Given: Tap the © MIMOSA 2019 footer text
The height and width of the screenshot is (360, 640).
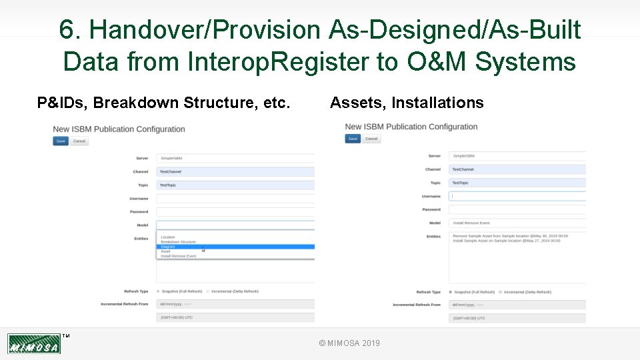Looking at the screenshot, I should coord(349,343).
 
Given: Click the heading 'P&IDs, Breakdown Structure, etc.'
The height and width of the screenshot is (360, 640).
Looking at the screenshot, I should coord(163,103).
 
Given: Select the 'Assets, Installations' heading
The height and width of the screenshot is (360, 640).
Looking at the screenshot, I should coord(407,103).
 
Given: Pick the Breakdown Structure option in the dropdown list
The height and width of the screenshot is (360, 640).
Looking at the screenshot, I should coord(179,242).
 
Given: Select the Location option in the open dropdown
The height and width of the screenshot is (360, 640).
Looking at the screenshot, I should coord(168,237).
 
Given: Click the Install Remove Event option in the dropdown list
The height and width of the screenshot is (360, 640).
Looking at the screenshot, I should coord(179,256).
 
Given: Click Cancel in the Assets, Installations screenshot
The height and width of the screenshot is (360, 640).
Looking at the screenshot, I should coord(371,139).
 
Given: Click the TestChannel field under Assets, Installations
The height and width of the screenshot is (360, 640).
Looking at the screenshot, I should coord(517,169).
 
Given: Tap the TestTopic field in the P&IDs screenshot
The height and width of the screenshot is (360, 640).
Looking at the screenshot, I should coord(235,185).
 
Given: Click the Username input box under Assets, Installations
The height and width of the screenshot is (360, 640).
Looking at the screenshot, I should coord(517,196).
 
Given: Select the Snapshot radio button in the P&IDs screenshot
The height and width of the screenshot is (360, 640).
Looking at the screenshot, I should coord(158,291).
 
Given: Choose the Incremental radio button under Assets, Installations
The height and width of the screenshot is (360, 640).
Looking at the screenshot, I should coord(501,292).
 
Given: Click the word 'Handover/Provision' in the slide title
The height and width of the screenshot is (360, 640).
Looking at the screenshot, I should coord(204,30).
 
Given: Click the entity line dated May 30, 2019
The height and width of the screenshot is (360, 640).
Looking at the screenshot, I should coord(510,236).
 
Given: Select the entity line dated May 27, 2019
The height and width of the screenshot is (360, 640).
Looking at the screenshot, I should coord(507,241).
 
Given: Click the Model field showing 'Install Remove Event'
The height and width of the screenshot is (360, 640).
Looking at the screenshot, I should coord(517,223).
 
